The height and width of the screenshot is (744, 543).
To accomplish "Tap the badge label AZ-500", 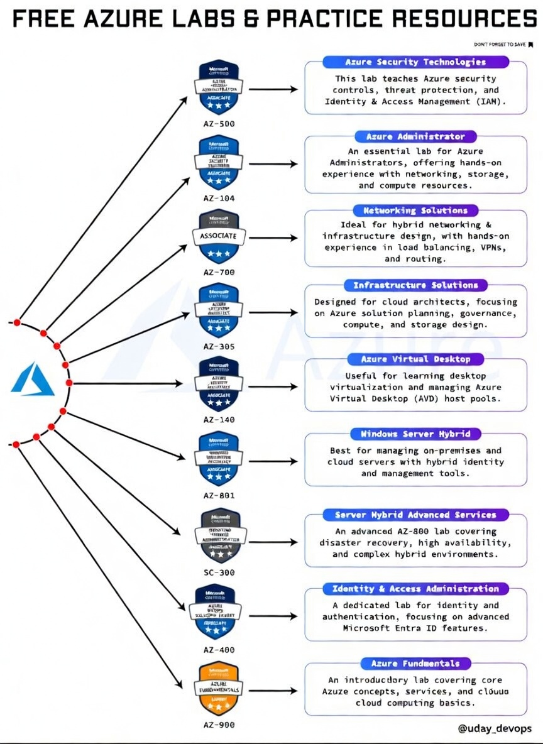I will coord(219,124).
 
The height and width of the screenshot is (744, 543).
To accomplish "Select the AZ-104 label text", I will coord(219,198).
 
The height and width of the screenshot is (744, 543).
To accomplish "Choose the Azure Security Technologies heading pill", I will coord(415,62).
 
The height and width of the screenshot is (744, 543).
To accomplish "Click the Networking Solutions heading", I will coord(415,211).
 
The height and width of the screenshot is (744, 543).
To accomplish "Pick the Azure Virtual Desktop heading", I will coord(415,359).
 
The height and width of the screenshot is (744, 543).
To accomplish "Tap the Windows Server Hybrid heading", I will coord(415,434).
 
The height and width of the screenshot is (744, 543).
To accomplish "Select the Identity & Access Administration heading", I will coord(415,589).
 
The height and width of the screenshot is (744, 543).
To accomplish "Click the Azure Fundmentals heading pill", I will coord(415,664).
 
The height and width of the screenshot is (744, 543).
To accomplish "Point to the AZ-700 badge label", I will coord(219,272).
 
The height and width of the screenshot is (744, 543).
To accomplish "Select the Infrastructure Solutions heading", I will coord(415,285).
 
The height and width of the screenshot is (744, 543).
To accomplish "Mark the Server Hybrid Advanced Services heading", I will coord(415,515).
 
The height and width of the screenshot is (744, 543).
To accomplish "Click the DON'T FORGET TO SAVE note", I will coord(503,45).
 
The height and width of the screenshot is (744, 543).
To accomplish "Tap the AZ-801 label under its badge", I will coord(219,495).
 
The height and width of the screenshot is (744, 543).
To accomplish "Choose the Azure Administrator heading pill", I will coord(415,136).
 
